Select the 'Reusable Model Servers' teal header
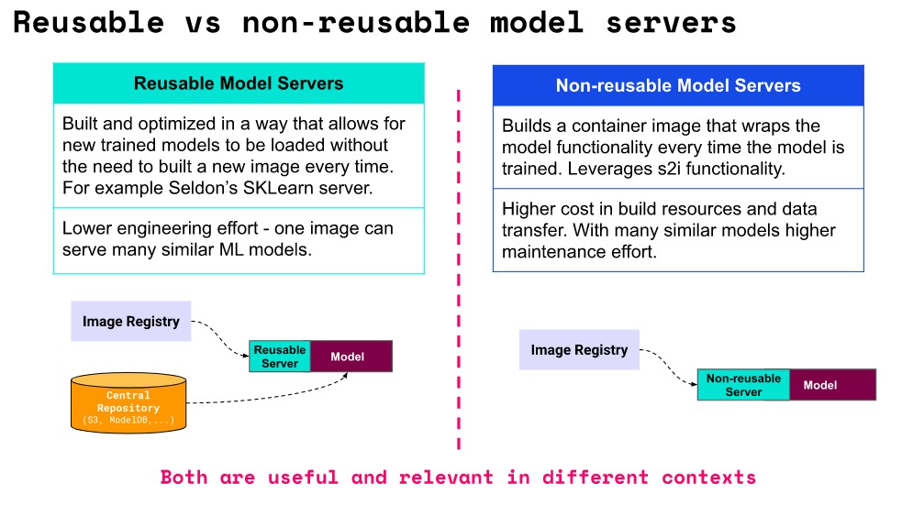point(239,83)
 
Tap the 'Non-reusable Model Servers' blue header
point(678,86)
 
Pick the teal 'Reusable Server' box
point(280,357)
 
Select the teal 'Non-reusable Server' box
point(743,385)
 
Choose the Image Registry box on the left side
point(131,322)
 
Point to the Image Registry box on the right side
point(579,350)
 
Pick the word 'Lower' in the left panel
point(85,228)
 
